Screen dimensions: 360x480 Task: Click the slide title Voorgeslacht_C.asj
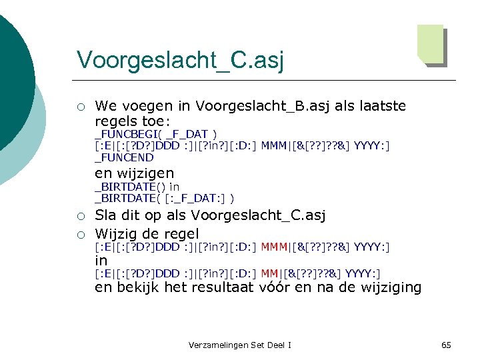point(180,59)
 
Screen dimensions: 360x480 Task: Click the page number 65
point(446,345)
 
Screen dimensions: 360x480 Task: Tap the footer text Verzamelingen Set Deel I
point(239,345)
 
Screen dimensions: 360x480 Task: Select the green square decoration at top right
point(431,44)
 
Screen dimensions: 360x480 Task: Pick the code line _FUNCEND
point(124,158)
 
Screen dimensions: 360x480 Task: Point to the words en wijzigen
point(134,173)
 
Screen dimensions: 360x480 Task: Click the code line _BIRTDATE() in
point(137,187)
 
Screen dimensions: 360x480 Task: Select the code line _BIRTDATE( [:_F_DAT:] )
point(164,199)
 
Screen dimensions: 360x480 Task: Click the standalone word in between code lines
point(101,261)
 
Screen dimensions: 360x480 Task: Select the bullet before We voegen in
point(80,107)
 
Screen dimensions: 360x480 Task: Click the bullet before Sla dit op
point(80,216)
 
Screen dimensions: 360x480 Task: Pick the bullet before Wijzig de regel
point(80,234)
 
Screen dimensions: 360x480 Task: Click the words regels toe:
point(133,122)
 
